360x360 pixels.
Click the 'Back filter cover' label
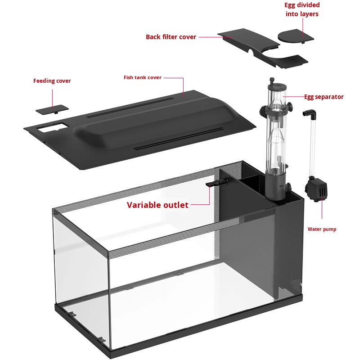tap(171, 37)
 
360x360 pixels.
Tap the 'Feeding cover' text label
tap(52, 81)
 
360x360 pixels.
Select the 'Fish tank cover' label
tap(142, 78)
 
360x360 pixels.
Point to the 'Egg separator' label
tap(324, 97)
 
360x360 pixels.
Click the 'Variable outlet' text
tap(157, 205)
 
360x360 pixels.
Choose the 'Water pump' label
tap(322, 229)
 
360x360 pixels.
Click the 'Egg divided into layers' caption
tap(302, 9)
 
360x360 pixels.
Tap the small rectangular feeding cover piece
tap(52, 109)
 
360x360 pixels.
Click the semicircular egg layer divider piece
tap(293, 36)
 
